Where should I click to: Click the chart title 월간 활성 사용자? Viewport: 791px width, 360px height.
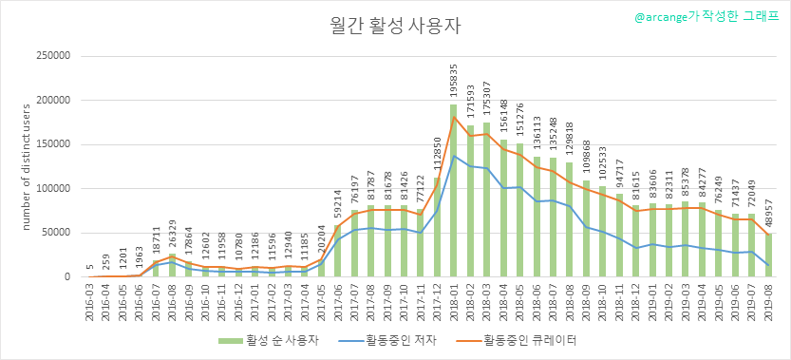[395, 27]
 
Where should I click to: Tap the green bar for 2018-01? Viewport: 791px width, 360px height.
[454, 191]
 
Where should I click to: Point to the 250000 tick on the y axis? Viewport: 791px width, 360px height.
[53, 56]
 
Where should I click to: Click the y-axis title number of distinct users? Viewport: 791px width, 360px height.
[28, 167]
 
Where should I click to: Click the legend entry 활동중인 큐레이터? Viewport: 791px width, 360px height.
[517, 340]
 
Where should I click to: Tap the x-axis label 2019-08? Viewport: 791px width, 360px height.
[768, 300]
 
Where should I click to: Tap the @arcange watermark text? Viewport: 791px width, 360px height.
[706, 16]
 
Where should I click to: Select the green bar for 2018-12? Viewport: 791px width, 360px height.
[635, 241]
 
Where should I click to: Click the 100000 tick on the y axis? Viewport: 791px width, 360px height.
[53, 189]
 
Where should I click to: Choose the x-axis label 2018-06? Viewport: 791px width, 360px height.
[537, 300]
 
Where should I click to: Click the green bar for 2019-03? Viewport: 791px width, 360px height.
[685, 239]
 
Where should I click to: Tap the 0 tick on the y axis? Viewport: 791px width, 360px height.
[67, 277]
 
